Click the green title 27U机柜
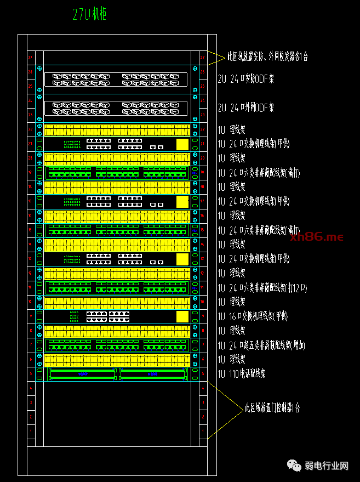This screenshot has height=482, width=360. click(89, 15)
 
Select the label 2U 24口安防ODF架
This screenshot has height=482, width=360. click(245, 79)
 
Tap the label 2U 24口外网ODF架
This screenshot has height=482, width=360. click(245, 108)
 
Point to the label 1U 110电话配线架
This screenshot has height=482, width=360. click(242, 374)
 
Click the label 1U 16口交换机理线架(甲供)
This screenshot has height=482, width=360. click(253, 316)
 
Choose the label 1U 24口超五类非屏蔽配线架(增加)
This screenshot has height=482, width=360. click(261, 345)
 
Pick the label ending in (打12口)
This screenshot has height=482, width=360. click(262, 287)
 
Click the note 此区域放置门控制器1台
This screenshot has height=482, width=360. click(272, 408)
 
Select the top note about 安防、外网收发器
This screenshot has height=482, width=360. click(267, 56)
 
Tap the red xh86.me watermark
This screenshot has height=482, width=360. click(325, 237)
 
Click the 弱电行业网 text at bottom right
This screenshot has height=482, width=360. click(327, 466)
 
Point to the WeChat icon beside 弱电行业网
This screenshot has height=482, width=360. click(295, 466)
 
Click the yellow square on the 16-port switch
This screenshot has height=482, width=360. click(182, 316)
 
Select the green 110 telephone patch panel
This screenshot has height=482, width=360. click(117, 374)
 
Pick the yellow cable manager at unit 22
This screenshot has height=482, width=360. click(117, 130)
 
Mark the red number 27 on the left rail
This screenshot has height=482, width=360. click(31, 57)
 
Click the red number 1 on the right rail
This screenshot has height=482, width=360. click(202, 431)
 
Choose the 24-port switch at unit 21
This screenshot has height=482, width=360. click(117, 144)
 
